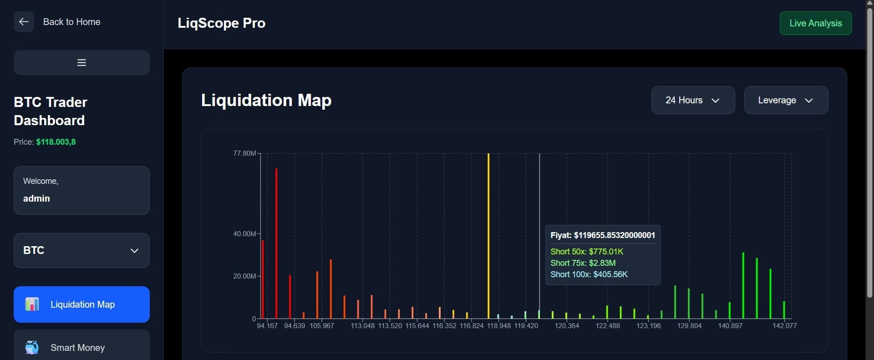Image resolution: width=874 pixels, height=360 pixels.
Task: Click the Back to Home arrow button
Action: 24,22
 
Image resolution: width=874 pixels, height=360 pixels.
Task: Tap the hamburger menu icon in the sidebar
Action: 81,63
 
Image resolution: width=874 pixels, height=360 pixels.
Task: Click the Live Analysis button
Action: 815,23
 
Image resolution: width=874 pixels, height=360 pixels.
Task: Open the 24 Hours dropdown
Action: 693,100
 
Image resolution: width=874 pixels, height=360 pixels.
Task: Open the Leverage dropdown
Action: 786,100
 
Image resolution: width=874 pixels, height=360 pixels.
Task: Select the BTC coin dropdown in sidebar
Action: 81,250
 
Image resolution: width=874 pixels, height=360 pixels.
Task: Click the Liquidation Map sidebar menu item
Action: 81,304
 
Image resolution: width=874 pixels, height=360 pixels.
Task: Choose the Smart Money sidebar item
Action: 81,347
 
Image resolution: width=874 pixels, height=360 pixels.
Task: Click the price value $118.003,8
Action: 56,142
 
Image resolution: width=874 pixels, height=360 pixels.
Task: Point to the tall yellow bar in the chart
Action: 488,237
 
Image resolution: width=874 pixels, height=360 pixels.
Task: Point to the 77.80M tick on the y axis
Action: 244,153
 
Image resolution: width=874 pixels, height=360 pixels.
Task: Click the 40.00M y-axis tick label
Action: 244,234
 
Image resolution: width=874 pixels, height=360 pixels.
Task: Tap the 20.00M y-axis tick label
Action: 244,276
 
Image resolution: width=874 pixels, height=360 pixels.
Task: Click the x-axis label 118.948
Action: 498,326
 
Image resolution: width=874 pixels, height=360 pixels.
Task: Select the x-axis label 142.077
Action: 784,326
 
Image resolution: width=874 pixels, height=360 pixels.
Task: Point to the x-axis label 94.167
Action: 267,326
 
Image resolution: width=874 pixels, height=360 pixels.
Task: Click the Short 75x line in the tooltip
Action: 583,263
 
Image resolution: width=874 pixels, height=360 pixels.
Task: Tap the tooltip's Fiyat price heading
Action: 602,235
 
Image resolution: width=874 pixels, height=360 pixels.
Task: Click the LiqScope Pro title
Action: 221,23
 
